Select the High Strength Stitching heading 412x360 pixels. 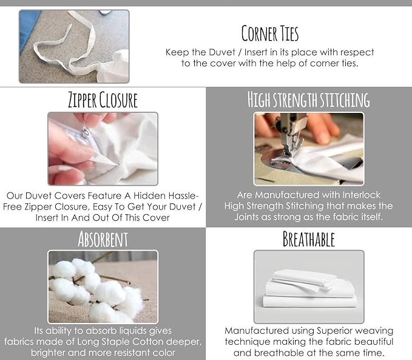(x=309, y=100)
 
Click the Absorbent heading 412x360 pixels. (x=103, y=239)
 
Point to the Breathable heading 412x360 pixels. (x=308, y=239)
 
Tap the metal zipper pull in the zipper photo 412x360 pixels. (x=86, y=131)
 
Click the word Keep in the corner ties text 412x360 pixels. (x=177, y=52)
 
